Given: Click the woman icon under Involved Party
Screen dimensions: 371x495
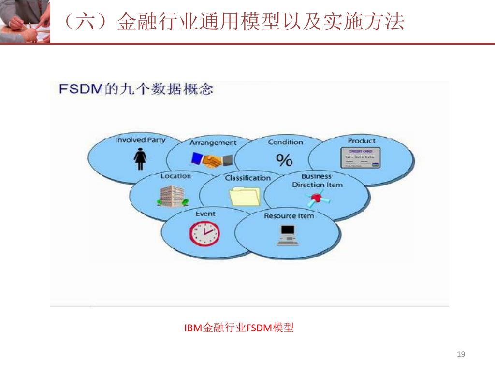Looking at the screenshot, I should tap(140, 159).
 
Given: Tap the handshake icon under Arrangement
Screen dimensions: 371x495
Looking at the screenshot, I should tap(212, 161).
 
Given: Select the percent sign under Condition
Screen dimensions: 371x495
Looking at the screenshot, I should tap(284, 160).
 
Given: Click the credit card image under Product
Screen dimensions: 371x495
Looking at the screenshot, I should tap(361, 158).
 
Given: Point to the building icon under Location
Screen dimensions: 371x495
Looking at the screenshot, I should tap(172, 196).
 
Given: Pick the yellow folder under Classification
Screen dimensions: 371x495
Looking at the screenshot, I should tap(245, 196).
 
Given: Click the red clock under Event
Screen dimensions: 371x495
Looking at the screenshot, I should tap(204, 233).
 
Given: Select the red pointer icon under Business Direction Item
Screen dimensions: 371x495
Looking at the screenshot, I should tap(316, 197).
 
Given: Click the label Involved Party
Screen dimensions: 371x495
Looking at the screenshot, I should tap(140, 140).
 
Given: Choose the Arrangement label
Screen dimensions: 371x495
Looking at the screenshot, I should tap(213, 143).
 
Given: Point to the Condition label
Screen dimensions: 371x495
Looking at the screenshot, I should tap(285, 142).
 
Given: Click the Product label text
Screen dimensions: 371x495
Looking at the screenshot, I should tap(361, 141).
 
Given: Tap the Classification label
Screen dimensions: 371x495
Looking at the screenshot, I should tap(247, 178).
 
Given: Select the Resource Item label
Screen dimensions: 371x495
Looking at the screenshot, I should tap(289, 215).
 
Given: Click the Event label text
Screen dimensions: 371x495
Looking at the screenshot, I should tap(205, 214).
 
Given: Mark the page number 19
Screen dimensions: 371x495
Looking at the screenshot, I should tap(461, 355).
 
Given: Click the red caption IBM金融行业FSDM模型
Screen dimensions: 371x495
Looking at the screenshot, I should tap(239, 328).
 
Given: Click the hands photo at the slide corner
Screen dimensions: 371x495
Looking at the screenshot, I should tap(25, 21).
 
